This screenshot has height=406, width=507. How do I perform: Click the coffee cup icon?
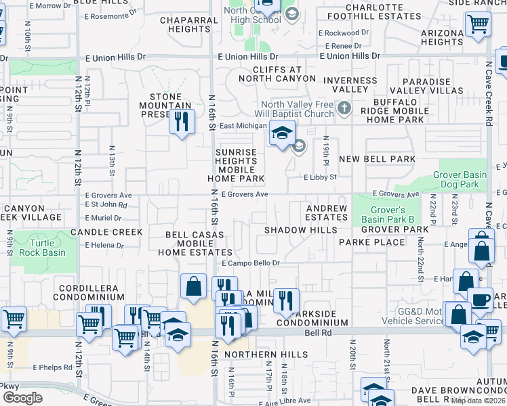pos(480,300)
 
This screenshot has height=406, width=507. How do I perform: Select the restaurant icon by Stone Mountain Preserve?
pos(181,122)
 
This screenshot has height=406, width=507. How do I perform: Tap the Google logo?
pos(22,397)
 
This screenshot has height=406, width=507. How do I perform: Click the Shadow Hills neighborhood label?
pos(300,230)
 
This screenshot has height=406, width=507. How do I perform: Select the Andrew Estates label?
pos(326,213)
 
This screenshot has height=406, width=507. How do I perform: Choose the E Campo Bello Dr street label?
pos(251,263)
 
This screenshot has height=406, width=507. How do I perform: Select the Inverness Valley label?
pos(350,85)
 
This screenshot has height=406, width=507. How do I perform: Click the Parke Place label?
pos(362,242)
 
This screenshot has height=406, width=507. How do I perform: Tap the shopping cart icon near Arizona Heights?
pos(478,24)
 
